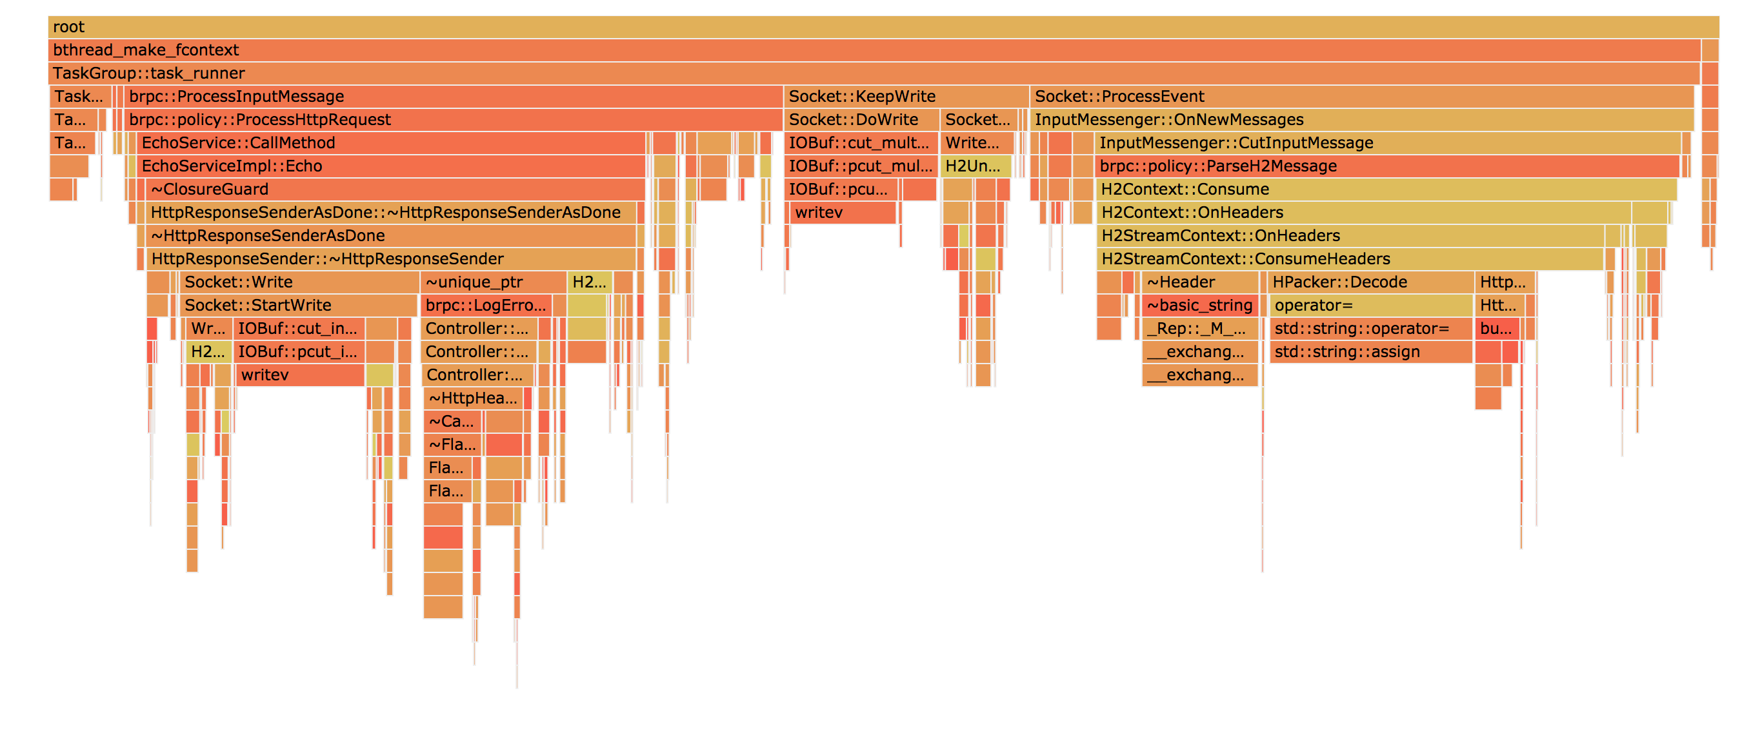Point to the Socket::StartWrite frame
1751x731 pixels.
click(299, 306)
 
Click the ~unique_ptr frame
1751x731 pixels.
click(494, 282)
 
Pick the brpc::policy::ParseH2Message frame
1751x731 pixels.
click(1386, 166)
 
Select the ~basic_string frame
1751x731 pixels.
click(1200, 306)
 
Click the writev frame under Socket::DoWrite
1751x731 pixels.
click(843, 213)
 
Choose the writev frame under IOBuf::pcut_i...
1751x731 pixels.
click(300, 375)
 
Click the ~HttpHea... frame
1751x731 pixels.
click(473, 398)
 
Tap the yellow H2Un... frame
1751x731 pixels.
click(974, 166)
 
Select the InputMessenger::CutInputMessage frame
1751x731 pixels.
click(1386, 143)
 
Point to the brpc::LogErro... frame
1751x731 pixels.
click(486, 306)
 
